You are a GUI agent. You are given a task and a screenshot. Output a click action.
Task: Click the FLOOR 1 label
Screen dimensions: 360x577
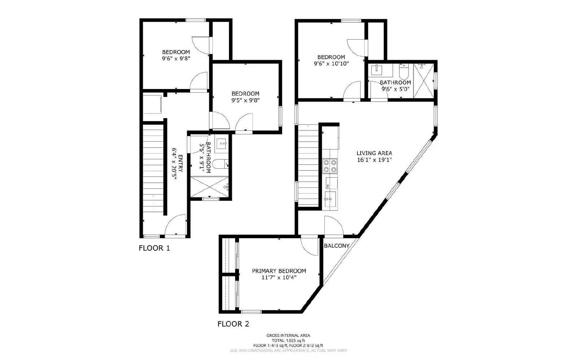154,248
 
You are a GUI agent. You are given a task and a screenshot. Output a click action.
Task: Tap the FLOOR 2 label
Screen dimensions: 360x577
233,324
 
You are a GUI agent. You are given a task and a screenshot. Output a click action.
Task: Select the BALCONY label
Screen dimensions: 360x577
336,246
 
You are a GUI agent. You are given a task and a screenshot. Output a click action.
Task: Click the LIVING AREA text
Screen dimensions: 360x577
374,153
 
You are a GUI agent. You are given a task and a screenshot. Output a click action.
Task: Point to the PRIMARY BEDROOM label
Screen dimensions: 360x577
279,271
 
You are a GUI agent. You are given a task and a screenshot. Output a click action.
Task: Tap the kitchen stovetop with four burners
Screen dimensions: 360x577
330,166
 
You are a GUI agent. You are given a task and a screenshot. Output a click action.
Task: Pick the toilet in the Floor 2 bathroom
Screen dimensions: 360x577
404,73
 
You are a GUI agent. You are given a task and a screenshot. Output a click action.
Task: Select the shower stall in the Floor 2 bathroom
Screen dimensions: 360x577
424,80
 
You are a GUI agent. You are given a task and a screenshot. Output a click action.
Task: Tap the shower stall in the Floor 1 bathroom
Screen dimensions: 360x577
210,187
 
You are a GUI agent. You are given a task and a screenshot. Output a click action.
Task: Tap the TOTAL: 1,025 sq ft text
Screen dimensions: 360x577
288,340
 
